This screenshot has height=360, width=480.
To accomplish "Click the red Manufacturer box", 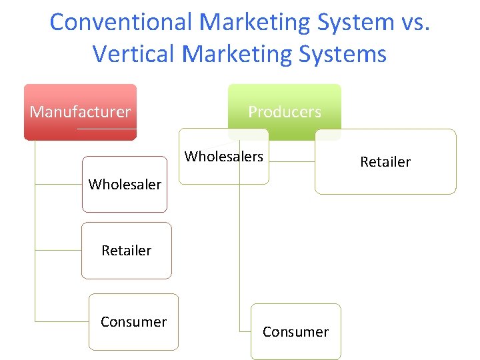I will (x=80, y=111).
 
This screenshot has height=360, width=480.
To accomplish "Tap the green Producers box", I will (x=285, y=111).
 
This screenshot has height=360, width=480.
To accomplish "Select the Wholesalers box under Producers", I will (x=224, y=157).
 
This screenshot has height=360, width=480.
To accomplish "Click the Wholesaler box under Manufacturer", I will (x=125, y=184).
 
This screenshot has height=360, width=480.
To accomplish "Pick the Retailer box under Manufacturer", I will (x=127, y=251).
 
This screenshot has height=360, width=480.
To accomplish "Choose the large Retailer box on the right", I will (x=385, y=161).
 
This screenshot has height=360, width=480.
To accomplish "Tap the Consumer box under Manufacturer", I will (x=133, y=322).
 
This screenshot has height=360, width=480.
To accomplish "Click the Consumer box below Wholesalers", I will (x=295, y=332).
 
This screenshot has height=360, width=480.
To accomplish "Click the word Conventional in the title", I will (x=121, y=22).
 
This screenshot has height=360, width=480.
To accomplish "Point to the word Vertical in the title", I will (x=137, y=53).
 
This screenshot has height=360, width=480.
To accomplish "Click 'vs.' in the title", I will (x=415, y=22).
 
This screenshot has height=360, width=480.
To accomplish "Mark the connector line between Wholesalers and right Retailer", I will (x=292, y=162).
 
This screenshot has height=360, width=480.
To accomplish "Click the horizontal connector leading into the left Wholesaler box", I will (x=58, y=184).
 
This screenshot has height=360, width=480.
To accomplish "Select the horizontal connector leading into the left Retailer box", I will (x=58, y=251).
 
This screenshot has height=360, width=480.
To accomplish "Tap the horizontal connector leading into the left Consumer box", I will (x=61, y=321).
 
